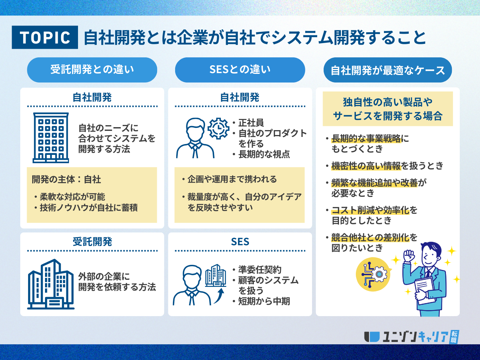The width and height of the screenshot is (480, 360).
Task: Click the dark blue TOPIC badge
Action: pyautogui.click(x=45, y=37)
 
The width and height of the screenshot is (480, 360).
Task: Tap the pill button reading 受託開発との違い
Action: pyautogui.click(x=92, y=70)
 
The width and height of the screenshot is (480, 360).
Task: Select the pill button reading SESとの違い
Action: pyautogui.click(x=240, y=70)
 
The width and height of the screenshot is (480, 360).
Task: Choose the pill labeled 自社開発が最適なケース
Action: pyautogui.click(x=388, y=70)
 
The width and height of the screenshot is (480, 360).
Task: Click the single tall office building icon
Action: pyautogui.click(x=51, y=138)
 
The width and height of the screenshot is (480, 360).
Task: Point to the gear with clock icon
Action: pyautogui.click(x=218, y=129)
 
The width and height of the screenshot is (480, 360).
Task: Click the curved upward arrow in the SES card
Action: pyautogui.click(x=219, y=296)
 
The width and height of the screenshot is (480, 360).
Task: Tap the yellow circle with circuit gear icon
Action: pyautogui.click(x=373, y=274)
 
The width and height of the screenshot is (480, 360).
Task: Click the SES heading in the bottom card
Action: pyautogui.click(x=240, y=242)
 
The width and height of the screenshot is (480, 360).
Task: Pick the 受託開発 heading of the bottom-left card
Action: pyautogui.click(x=92, y=242)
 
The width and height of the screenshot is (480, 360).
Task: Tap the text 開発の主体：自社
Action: pyautogui.click(x=66, y=180)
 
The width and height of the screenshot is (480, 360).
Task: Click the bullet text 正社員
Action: pyautogui.click(x=251, y=123)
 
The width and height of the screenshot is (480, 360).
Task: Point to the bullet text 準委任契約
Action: pyautogui.click(x=260, y=270)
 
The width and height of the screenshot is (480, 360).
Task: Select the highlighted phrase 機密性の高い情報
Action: pyautogui.click(x=366, y=166)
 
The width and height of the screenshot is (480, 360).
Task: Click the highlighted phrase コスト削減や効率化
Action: pyautogui.click(x=370, y=210)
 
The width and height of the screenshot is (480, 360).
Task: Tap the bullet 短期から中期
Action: pyautogui.click(x=264, y=301)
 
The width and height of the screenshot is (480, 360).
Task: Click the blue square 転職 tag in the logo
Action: pyautogui.click(x=454, y=337)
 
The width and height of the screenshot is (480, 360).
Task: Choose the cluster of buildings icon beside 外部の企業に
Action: pyautogui.click(x=51, y=284)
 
